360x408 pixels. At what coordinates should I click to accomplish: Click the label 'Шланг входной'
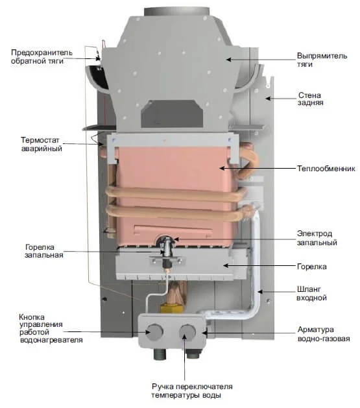click(313, 293)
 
